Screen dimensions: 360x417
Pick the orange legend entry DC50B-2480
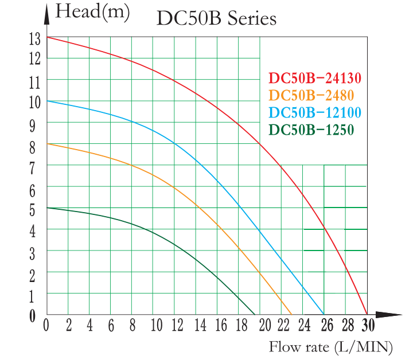pyautogui.click(x=311, y=95)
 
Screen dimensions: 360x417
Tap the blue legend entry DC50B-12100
pyautogui.click(x=315, y=112)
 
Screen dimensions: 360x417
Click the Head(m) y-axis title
pyautogui.click(x=92, y=13)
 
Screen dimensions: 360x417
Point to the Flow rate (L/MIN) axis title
pyautogui.click(x=331, y=346)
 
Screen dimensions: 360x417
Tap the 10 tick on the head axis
pyautogui.click(x=34, y=102)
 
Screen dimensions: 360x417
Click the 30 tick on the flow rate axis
pyautogui.click(x=367, y=326)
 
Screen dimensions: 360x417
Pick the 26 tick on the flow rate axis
pyautogui.click(x=325, y=326)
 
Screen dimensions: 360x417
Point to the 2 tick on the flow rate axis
pyautogui.click(x=68, y=326)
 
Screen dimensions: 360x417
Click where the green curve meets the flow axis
pyautogui.click(x=255, y=314)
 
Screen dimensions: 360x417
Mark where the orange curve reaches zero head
pyautogui.click(x=291, y=314)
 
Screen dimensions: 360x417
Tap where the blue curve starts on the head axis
pyautogui.click(x=47, y=101)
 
